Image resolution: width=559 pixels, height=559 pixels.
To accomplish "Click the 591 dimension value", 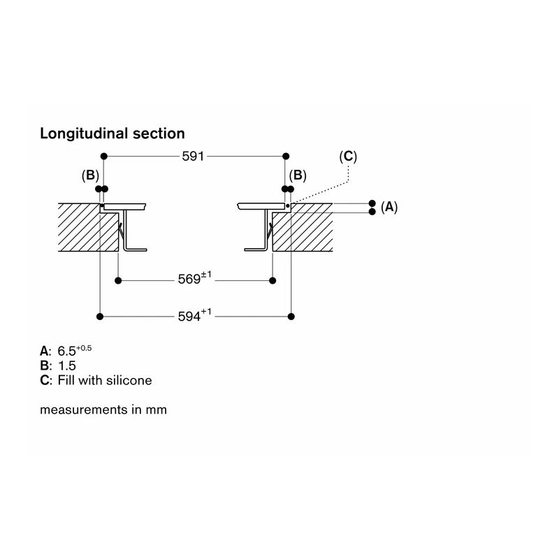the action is [193, 156].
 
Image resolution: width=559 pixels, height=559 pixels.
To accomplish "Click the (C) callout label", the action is [348, 156].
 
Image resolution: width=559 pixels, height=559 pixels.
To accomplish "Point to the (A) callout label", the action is [389, 207].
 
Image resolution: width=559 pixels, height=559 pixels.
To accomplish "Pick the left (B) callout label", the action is [90, 175].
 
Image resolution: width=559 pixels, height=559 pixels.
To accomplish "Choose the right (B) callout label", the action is [298, 175].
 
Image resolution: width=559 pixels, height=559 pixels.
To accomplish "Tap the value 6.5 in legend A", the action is [66, 351].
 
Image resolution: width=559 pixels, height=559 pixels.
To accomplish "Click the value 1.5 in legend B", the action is [67, 365].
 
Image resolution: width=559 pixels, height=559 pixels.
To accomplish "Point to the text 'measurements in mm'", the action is [103, 409].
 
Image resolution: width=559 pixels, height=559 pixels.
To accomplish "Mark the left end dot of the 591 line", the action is [103, 156].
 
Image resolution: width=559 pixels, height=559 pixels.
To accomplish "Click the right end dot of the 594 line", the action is [291, 317].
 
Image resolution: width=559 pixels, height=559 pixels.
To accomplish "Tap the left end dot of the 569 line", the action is [118, 281].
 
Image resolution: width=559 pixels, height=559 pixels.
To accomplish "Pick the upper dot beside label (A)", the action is [372, 203].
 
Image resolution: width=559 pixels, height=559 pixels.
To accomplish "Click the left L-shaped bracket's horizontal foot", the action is [136, 249].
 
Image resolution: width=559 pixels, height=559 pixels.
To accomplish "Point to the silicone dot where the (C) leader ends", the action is [288, 205].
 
